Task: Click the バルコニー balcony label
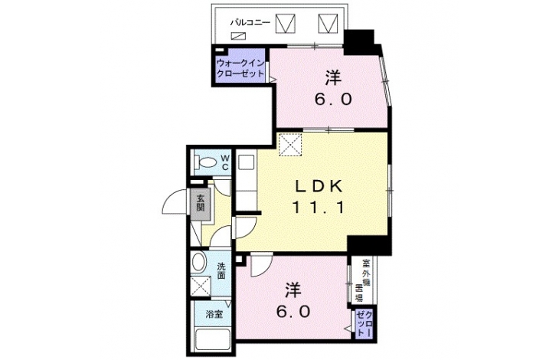[250, 24]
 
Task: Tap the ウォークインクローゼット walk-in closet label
[240, 68]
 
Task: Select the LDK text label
[319, 186]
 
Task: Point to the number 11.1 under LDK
[319, 207]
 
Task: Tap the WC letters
[225, 162]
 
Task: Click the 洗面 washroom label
[221, 271]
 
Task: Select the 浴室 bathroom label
[214, 314]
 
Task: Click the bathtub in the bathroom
[213, 339]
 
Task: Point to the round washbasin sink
[198, 263]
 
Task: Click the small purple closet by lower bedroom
[364, 325]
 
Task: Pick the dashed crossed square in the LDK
[290, 144]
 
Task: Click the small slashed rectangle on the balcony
[238, 36]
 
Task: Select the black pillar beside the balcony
[359, 42]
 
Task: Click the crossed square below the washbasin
[201, 286]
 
